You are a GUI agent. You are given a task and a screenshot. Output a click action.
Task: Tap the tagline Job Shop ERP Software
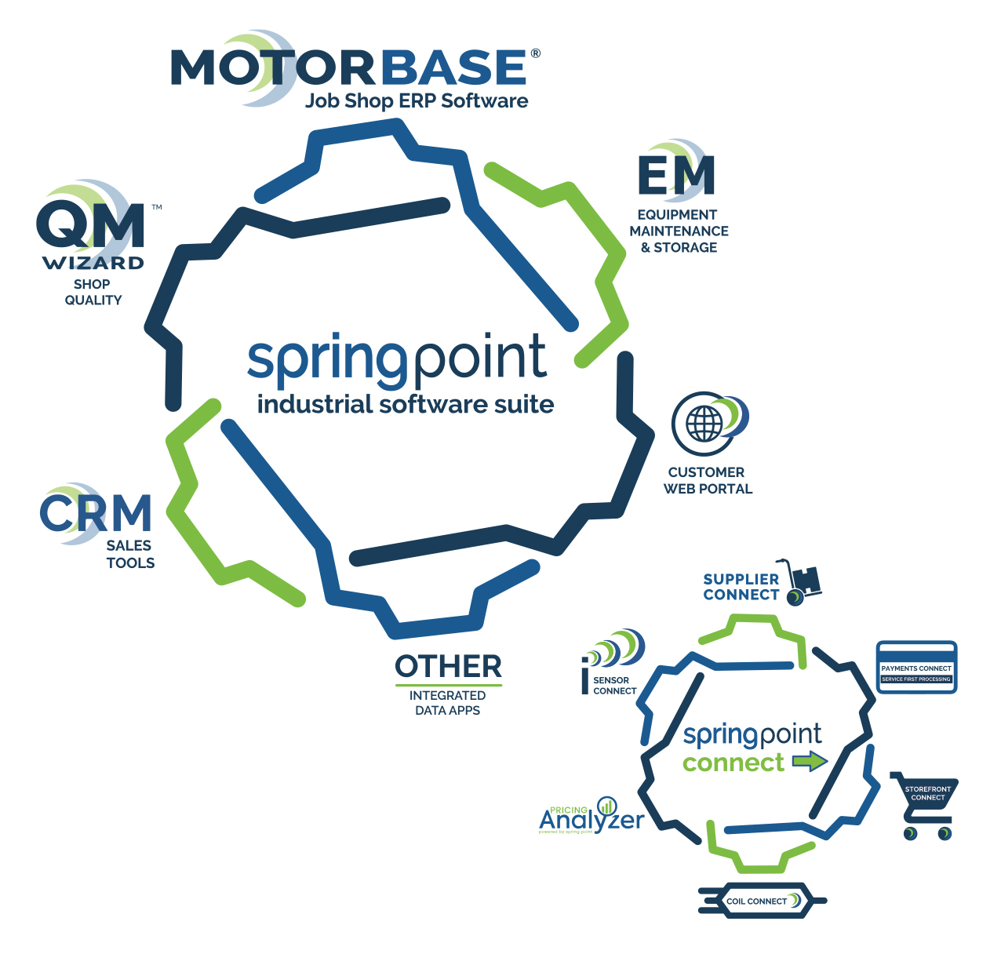(417, 101)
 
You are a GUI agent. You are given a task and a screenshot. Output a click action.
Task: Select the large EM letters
(676, 175)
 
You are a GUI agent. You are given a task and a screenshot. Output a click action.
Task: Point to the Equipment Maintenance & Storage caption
(679, 231)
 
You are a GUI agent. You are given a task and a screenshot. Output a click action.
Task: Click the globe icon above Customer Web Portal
(704, 424)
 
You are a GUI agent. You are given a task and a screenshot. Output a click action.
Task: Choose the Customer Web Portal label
(708, 480)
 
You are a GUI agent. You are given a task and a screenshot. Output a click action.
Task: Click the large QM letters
(91, 226)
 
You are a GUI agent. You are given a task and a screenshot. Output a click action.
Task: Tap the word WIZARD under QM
(93, 263)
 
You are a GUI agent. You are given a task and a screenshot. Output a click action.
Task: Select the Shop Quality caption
(93, 292)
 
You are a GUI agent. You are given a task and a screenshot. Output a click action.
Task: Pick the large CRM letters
(96, 513)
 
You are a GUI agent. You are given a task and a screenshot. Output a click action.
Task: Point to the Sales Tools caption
(130, 554)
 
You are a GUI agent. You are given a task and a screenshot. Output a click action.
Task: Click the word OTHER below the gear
(448, 667)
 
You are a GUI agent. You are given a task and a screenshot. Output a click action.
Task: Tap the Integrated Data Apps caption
(447, 703)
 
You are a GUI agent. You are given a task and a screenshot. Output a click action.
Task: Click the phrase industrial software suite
(406, 405)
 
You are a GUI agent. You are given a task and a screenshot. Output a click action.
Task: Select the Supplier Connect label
(741, 587)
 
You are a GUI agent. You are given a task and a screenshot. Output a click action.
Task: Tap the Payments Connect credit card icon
(916, 668)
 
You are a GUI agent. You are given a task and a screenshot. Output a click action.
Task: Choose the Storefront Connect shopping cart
(926, 804)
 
